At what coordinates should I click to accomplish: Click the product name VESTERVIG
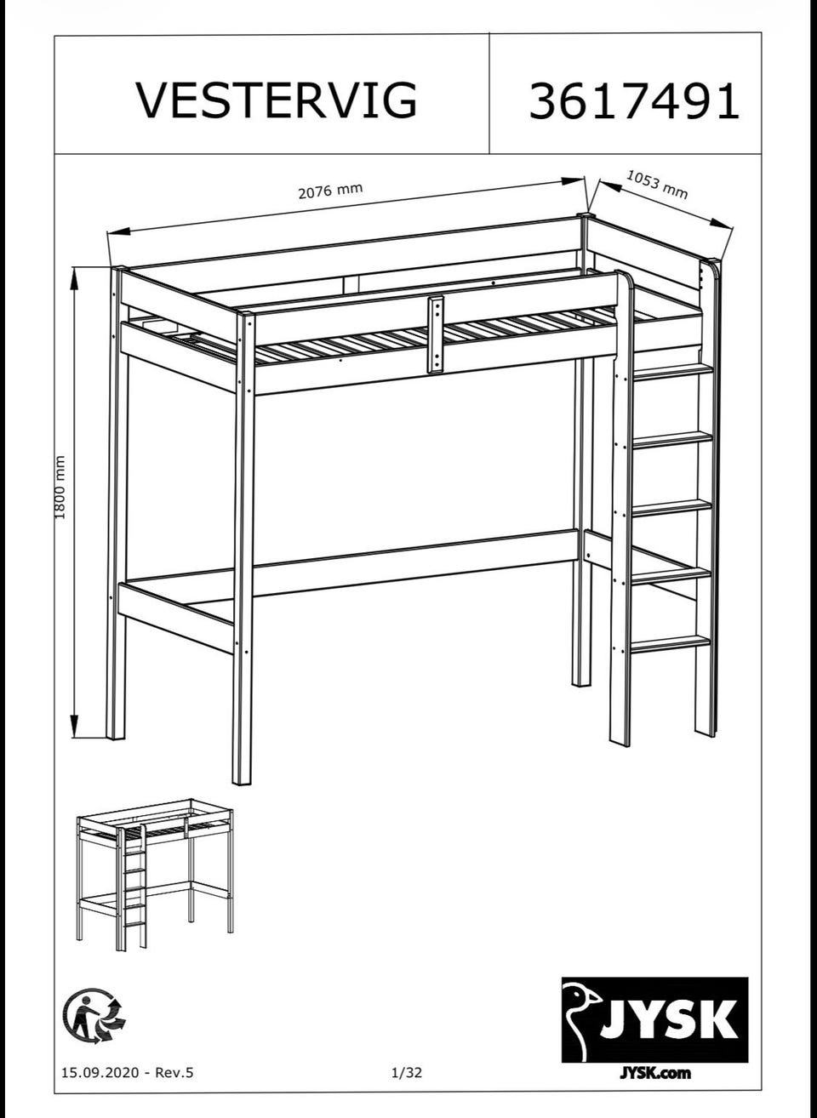click(x=277, y=100)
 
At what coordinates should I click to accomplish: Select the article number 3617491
click(x=634, y=101)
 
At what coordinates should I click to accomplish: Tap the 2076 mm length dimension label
click(x=330, y=191)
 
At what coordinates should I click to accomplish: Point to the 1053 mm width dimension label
click(x=657, y=184)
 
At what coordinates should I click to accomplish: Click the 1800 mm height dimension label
click(x=60, y=487)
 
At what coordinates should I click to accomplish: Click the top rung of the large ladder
click(x=671, y=371)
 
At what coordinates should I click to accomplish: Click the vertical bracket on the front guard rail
click(x=435, y=334)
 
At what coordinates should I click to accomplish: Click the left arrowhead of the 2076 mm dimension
click(x=119, y=231)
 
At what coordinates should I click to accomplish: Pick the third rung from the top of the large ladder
click(x=671, y=508)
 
